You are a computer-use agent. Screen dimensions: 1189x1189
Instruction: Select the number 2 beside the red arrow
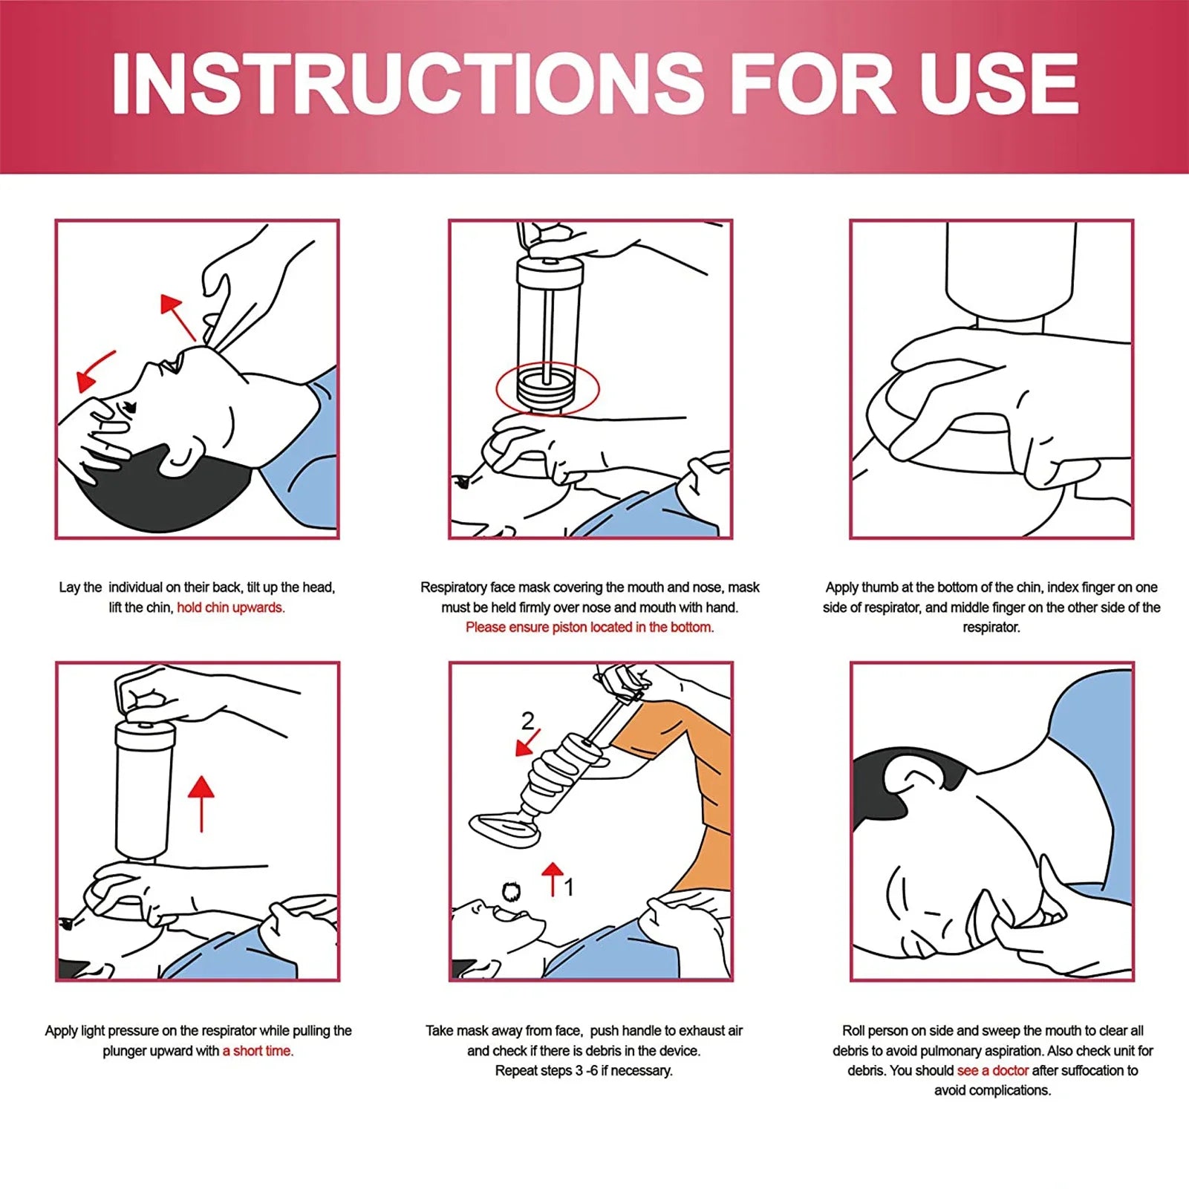click(x=527, y=720)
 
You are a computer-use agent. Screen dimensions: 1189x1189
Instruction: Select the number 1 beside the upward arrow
click(x=569, y=887)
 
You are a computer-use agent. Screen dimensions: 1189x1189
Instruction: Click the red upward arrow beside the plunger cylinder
click(x=201, y=802)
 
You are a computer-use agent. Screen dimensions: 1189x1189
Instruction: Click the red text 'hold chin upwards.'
click(x=230, y=607)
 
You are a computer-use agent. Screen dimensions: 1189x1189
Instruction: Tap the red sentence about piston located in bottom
click(x=589, y=628)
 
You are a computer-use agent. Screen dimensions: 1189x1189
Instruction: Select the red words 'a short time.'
click(x=258, y=1051)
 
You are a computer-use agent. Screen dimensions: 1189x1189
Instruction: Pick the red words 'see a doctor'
click(x=992, y=1071)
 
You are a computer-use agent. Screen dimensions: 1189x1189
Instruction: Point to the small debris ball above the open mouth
click(x=511, y=891)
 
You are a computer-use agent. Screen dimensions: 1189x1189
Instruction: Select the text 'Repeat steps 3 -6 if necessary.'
click(x=584, y=1071)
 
